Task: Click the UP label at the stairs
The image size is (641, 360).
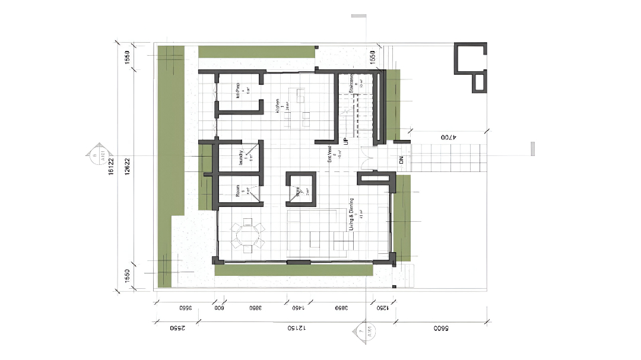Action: tap(345, 141)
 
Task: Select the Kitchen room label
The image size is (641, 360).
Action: tap(277, 106)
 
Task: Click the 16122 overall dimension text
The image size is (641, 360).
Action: tap(110, 167)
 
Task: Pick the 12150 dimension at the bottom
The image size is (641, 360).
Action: tap(295, 327)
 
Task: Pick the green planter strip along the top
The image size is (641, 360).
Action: tap(256, 52)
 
